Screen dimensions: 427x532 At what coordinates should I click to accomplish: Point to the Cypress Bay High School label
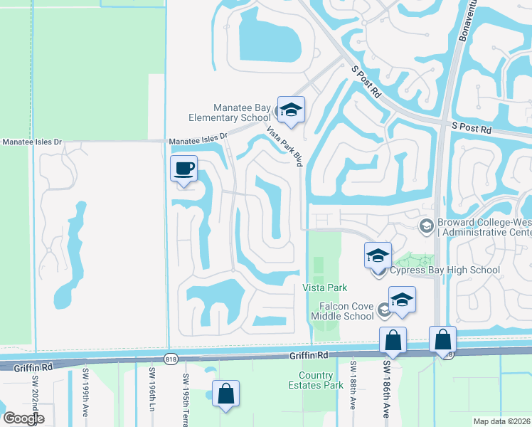click(x=445, y=270)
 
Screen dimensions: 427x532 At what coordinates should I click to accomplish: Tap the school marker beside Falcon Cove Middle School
click(x=402, y=300)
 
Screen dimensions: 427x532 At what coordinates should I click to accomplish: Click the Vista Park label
click(x=324, y=288)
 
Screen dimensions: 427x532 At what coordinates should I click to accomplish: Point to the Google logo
click(x=23, y=418)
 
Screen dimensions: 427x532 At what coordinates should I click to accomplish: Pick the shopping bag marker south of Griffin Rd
click(x=225, y=394)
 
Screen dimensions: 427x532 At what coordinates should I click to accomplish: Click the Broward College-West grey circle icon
click(x=427, y=226)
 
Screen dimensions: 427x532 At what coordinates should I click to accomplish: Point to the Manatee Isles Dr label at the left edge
click(x=32, y=142)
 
